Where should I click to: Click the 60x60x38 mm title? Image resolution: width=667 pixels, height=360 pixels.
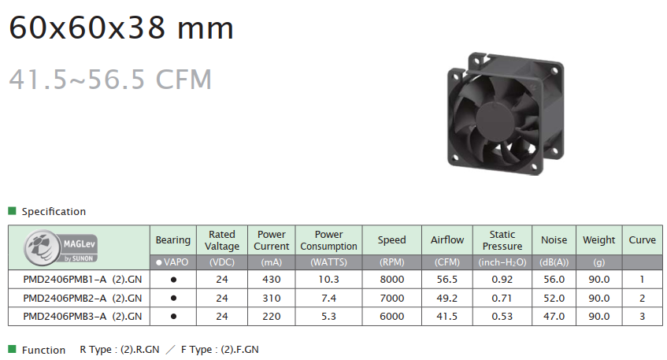tap(121, 28)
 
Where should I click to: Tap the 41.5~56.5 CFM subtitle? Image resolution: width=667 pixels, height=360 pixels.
tap(110, 79)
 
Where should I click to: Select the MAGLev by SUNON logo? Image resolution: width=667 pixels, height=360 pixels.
tap(61, 247)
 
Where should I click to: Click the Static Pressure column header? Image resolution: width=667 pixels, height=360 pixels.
tap(502, 240)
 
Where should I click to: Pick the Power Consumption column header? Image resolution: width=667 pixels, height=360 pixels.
tap(329, 240)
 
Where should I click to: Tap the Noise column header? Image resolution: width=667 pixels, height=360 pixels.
tap(554, 240)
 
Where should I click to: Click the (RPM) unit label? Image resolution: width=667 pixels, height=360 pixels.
tap(392, 262)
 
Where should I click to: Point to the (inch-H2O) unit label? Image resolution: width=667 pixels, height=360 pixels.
tap(502, 262)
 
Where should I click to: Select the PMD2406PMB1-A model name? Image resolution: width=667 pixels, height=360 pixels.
tap(65, 280)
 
